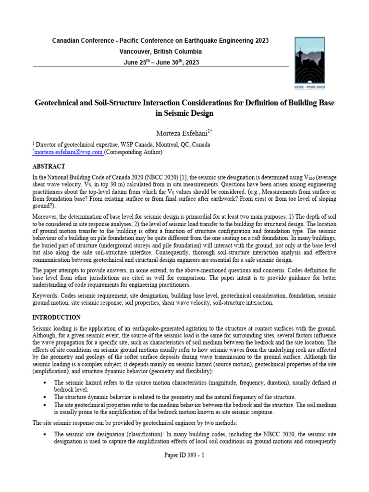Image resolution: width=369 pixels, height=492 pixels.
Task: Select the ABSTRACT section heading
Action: coord(49,166)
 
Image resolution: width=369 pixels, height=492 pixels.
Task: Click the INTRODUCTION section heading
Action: coord(56,318)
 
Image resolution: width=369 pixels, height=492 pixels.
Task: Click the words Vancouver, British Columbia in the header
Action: coord(160,51)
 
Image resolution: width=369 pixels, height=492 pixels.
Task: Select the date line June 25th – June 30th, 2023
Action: coord(160,62)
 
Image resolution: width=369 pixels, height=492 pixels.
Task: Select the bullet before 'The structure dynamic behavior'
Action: coord(44,397)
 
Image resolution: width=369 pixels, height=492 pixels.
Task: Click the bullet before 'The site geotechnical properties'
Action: coord(44,405)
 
